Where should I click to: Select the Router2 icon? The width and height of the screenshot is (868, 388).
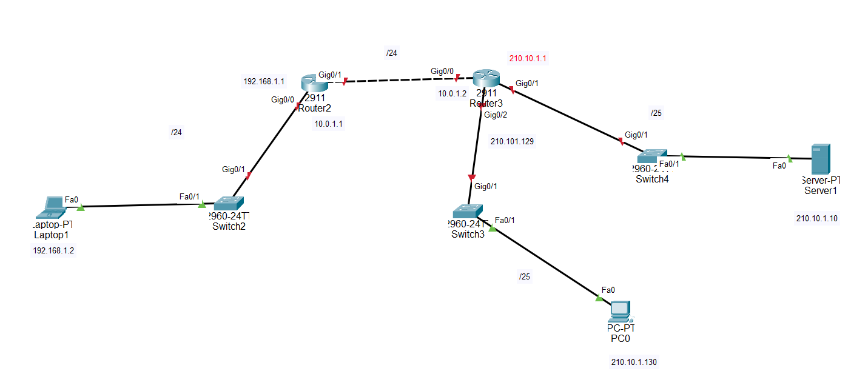[x=314, y=82]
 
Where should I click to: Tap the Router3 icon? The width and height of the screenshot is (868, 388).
[x=486, y=78]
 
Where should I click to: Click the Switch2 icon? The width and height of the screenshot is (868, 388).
[x=229, y=203]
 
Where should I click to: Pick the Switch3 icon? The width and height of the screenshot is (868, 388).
[x=467, y=211]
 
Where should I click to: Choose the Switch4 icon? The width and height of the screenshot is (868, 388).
[x=652, y=155]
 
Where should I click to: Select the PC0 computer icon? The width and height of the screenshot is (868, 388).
[x=620, y=312]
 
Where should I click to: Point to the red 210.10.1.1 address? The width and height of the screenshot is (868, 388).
[x=528, y=59]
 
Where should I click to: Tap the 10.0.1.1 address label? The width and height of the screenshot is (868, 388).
[x=329, y=124]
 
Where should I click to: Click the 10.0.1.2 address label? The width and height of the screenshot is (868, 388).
[x=453, y=94]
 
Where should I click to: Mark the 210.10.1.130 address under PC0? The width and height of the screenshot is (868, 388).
[x=634, y=363]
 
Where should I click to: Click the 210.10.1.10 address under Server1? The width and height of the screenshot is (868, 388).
[x=817, y=219]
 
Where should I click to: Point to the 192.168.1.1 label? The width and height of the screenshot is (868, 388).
[x=264, y=81]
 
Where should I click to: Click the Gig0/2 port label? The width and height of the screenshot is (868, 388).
[x=496, y=115]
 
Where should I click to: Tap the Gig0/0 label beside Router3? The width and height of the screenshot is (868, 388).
[x=442, y=71]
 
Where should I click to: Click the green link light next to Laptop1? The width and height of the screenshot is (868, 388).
[x=81, y=207]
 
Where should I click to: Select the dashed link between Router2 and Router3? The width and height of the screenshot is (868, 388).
[x=400, y=80]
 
